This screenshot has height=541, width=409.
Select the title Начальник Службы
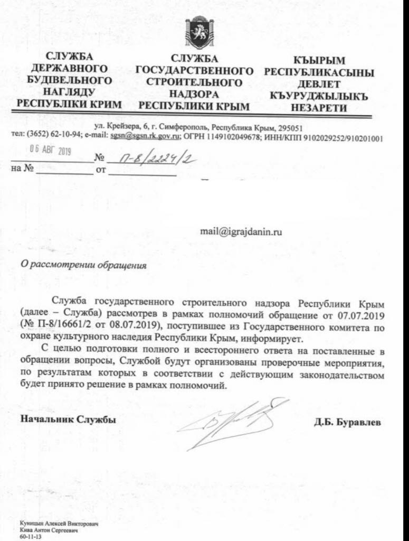click(x=68, y=419)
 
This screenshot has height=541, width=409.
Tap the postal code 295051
click(x=289, y=127)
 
